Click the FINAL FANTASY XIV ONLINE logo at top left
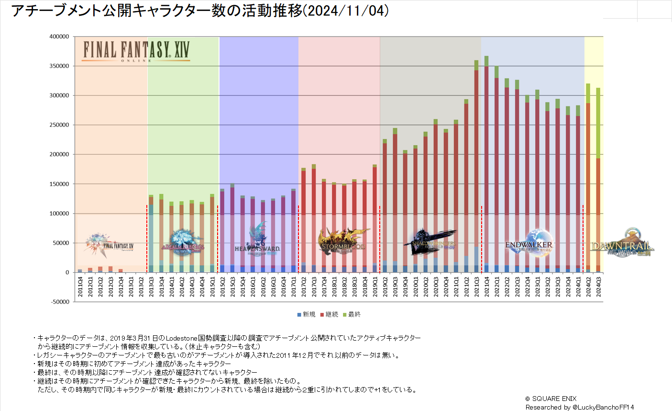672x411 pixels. tap(136, 50)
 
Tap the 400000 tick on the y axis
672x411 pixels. tap(59, 36)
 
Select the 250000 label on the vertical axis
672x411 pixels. tap(59, 125)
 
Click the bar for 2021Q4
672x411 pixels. tap(486, 163)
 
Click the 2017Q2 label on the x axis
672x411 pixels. tap(304, 286)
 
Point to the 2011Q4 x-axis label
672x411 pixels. tap(80, 286)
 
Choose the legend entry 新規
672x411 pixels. tap(306, 315)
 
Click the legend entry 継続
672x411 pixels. tap(329, 315)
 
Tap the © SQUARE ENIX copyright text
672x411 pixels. tap(551, 399)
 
